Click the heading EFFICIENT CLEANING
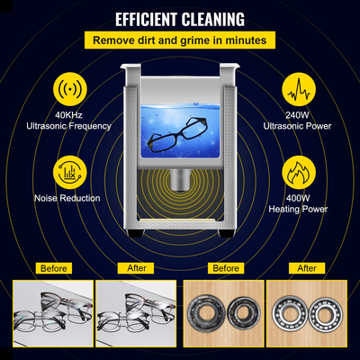point(180,17)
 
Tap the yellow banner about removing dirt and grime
point(180,40)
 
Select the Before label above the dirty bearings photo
point(225,267)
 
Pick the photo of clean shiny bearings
point(309,315)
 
